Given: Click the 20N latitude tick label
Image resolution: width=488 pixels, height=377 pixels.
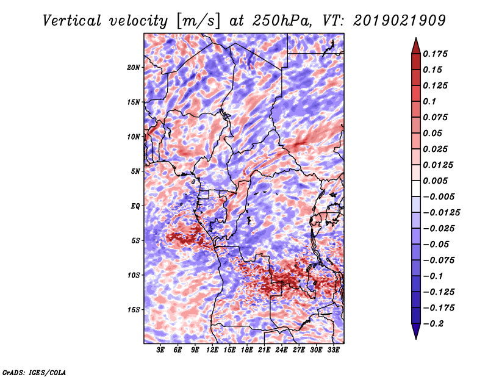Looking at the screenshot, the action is (x=134, y=68).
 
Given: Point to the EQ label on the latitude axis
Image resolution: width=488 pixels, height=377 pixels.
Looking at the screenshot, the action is (x=135, y=206).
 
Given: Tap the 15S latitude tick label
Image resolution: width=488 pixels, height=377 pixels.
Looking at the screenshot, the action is (x=134, y=310).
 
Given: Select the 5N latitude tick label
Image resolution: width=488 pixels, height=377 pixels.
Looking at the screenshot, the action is (x=135, y=171).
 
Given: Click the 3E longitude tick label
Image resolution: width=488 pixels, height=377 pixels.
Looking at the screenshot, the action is (x=160, y=350).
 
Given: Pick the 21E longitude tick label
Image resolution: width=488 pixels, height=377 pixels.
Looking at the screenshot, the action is (x=264, y=350).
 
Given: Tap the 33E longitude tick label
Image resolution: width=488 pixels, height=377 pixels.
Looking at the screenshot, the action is (x=333, y=350).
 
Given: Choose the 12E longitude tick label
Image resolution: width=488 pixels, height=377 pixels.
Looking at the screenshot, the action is (x=212, y=350).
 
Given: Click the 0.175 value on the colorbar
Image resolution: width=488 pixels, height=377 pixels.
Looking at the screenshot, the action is (x=435, y=54).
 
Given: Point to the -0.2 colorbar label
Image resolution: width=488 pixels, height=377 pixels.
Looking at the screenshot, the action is (x=433, y=324).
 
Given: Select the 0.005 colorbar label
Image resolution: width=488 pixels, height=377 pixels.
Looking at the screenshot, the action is (x=435, y=181).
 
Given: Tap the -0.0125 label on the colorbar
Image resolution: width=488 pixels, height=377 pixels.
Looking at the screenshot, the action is (x=441, y=213).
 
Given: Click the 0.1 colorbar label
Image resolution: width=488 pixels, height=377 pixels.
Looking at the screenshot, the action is (x=429, y=101).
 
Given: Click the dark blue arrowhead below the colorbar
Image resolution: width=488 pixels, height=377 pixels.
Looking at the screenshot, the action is (x=416, y=331).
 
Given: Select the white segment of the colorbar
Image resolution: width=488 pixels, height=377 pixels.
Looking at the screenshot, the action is (x=416, y=188).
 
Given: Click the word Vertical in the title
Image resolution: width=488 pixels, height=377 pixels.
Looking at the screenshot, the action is (x=72, y=21).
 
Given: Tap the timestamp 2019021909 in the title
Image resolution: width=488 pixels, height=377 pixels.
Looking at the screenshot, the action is (x=400, y=21).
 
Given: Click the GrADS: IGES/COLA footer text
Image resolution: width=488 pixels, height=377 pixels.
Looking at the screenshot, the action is (x=34, y=372).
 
